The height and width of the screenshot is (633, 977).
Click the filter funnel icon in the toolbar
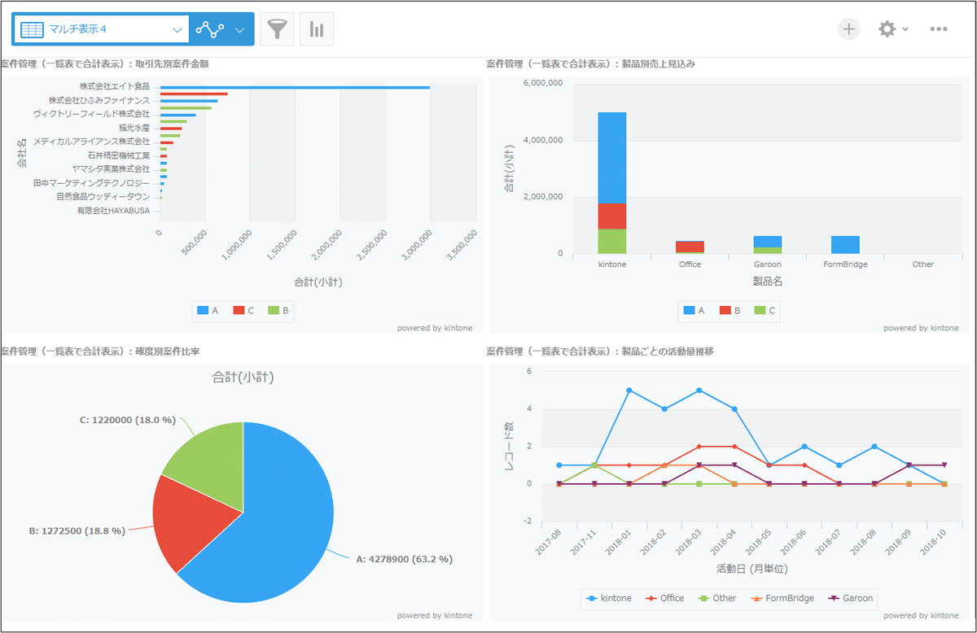277,29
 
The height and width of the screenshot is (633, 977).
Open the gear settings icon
887,29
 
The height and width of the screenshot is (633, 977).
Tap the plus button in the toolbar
849,29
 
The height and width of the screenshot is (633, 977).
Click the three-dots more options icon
939,29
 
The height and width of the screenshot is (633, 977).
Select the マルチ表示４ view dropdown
101,29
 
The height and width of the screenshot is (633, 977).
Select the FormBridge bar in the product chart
845,244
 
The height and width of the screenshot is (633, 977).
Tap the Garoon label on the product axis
767,264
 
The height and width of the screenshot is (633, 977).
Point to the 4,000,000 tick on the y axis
543,140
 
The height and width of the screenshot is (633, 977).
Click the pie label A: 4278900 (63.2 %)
404,559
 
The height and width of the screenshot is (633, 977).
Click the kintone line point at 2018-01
629,391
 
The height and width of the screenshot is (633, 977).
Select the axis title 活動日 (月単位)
751,569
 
